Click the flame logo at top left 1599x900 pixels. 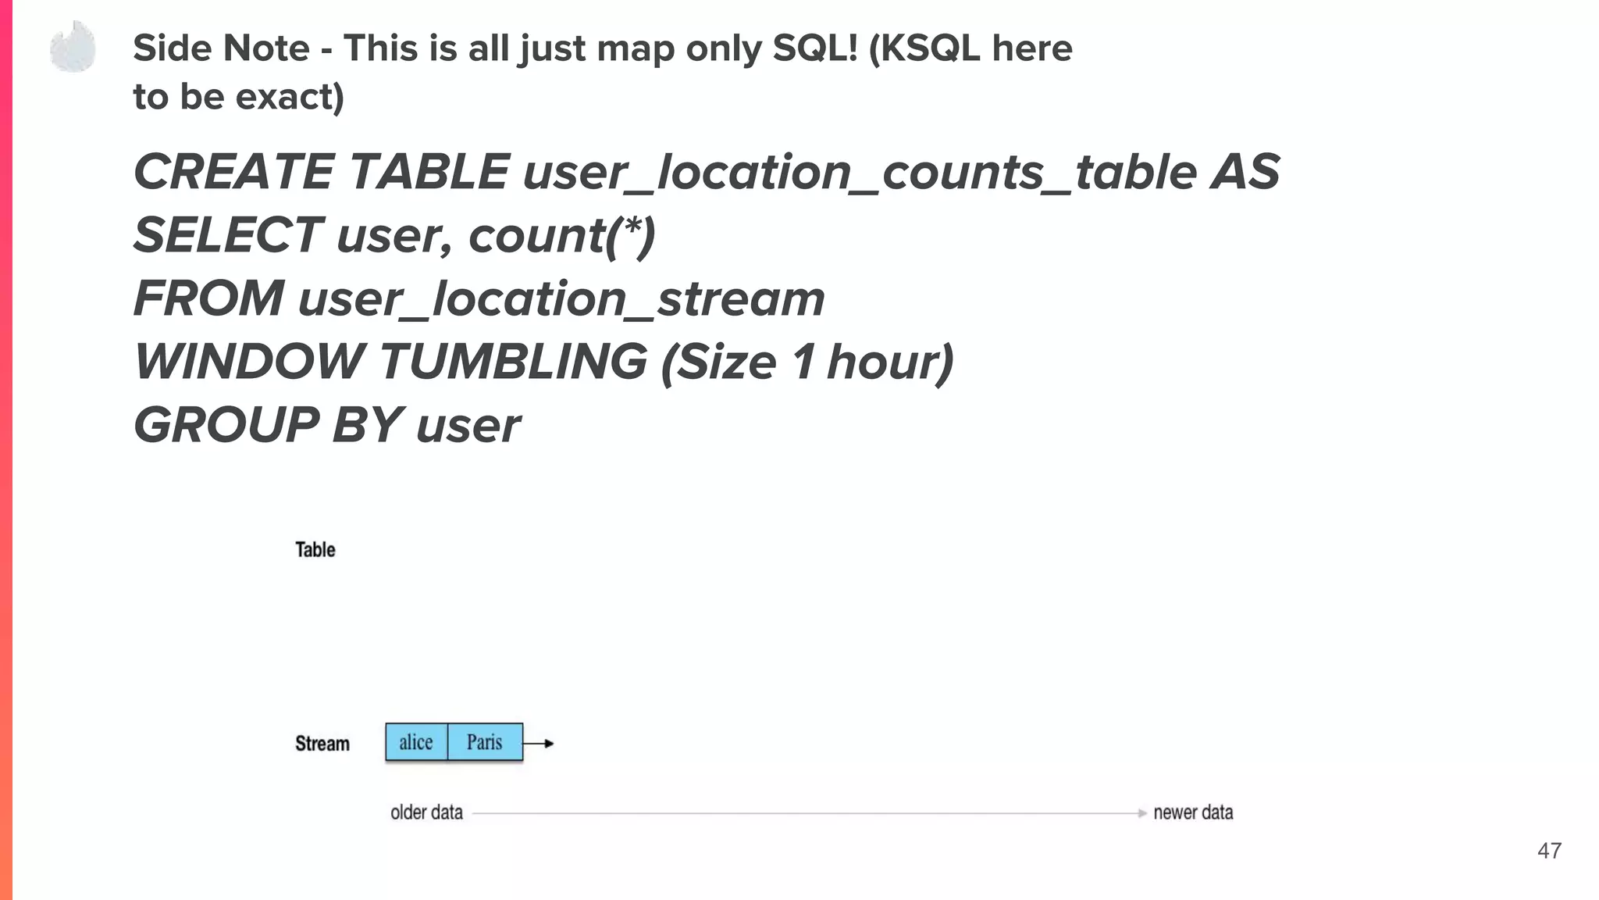73,47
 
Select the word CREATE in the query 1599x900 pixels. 233,172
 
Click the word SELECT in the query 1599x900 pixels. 227,235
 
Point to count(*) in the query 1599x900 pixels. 561,235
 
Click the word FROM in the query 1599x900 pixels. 208,298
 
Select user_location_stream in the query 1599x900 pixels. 561,299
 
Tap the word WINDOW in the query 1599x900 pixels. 249,362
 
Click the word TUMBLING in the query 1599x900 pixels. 513,362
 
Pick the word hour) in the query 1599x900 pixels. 890,362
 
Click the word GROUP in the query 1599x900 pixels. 226,425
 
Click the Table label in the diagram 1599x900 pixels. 315,550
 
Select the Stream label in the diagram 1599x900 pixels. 322,744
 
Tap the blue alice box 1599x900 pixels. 416,742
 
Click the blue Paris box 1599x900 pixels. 485,742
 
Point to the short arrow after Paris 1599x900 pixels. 539,744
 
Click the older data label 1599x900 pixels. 426,812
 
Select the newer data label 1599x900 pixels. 1193,812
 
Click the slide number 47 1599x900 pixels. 1549,851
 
